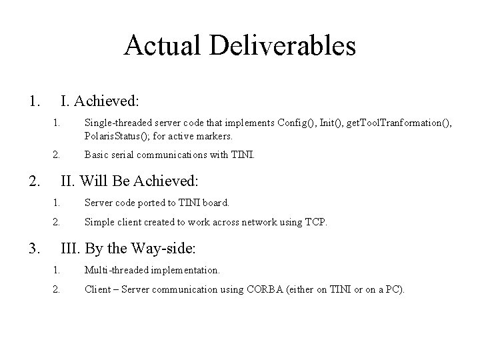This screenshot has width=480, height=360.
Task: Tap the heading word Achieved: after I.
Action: click(x=107, y=101)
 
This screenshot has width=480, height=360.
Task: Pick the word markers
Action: click(x=214, y=136)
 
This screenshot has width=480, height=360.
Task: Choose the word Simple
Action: click(x=98, y=222)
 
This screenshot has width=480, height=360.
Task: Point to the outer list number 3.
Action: click(x=33, y=249)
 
